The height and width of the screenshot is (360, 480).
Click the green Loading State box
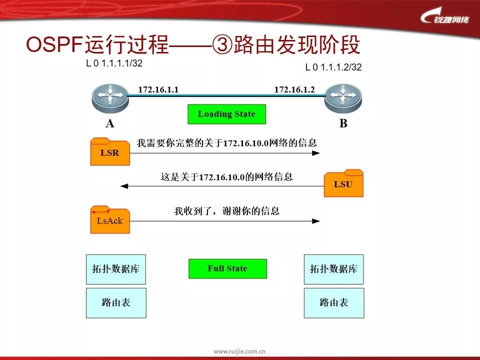point(226,114)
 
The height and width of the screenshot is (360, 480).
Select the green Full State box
point(227,269)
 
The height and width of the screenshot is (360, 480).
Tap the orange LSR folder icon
point(110,152)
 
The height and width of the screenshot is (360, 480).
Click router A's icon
point(109,97)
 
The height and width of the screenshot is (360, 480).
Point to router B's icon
point(342,97)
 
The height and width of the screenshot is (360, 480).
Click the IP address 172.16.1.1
point(158,89)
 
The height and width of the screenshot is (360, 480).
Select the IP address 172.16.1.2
point(294,89)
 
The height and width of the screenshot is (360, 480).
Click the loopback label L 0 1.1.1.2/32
point(333,67)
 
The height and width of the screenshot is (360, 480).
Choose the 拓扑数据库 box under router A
point(116,269)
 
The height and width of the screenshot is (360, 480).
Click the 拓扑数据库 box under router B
point(334,269)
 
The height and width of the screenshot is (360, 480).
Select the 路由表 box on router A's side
point(116,302)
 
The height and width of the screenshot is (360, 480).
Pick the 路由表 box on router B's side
point(334,302)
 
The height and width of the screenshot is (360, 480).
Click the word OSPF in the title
point(54,45)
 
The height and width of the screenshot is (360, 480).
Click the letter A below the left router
point(109,124)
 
